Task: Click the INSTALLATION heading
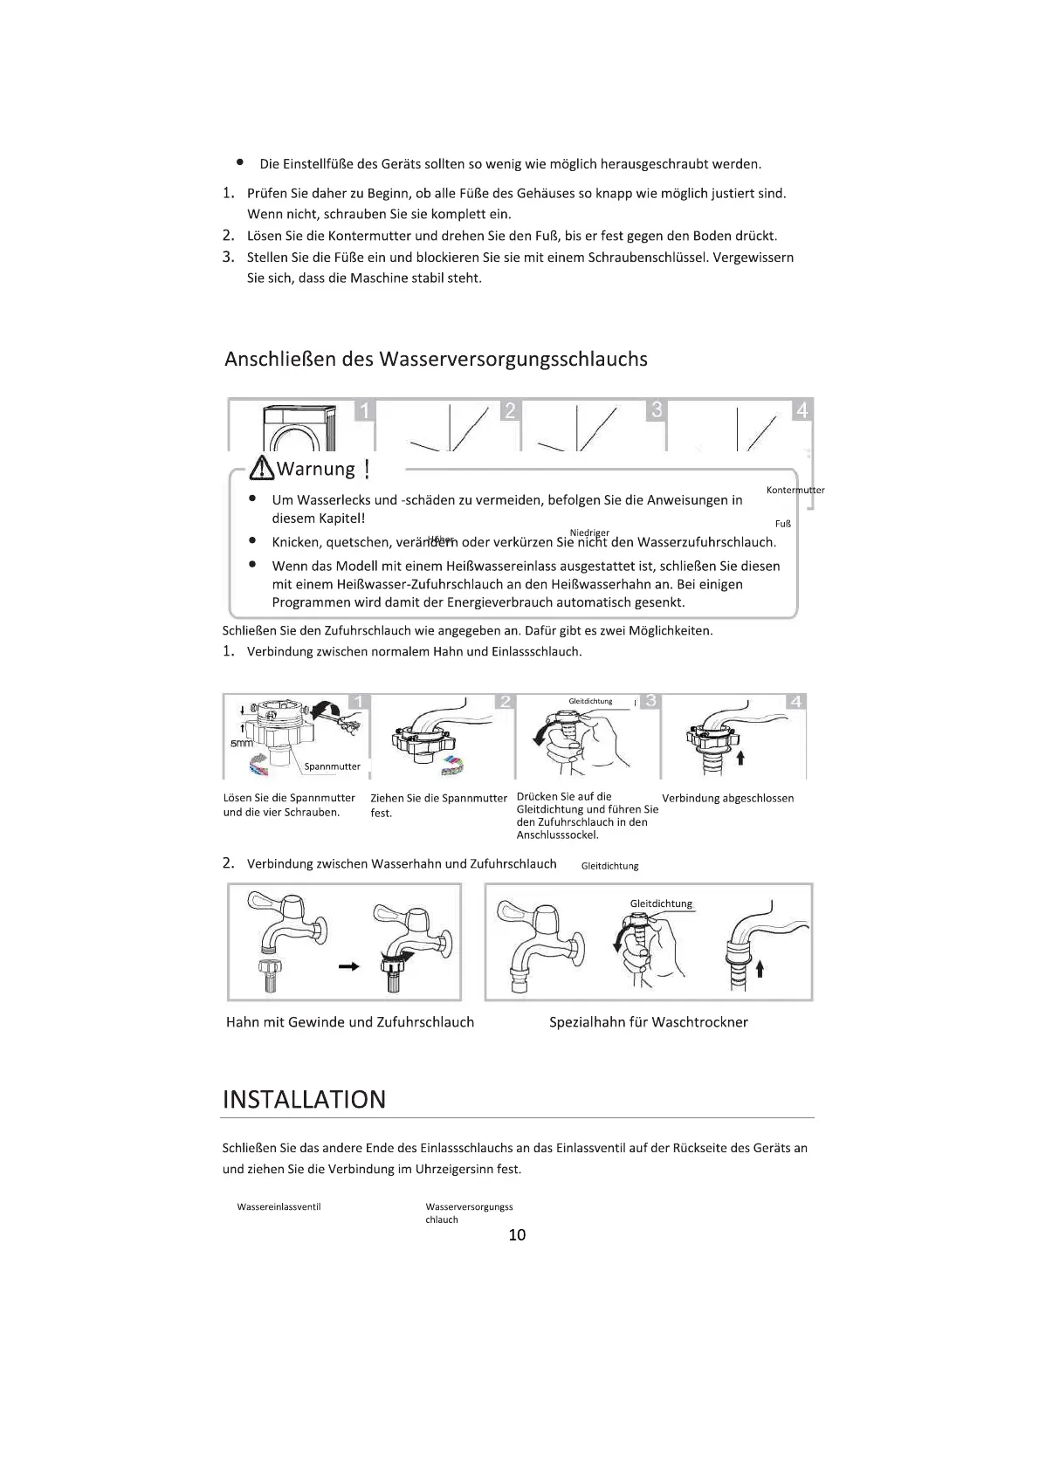point(304,1099)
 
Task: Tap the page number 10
point(517,1234)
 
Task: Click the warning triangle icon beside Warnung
point(261,470)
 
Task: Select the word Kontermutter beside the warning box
point(795,490)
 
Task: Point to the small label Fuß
point(782,524)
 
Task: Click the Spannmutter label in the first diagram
point(332,766)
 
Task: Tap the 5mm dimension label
point(242,744)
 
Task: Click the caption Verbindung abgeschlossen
point(727,798)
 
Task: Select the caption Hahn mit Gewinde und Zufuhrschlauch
point(349,1022)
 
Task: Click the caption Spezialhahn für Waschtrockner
point(648,1022)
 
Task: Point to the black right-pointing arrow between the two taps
point(348,966)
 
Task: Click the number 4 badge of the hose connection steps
point(795,702)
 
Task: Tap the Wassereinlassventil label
point(279,1206)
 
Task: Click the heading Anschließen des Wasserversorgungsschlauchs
point(436,359)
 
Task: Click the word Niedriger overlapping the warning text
point(589,532)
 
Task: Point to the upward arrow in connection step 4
point(740,757)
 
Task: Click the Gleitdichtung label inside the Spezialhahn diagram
point(661,903)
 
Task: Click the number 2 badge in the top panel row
point(510,410)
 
